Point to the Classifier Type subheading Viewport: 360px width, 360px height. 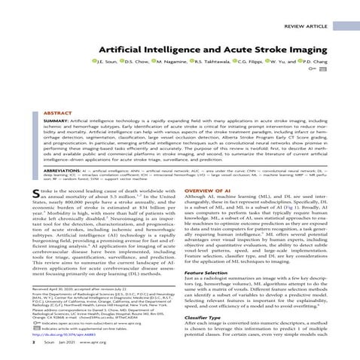204,319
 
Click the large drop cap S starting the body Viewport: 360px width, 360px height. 38,197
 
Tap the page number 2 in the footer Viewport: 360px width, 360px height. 35,353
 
